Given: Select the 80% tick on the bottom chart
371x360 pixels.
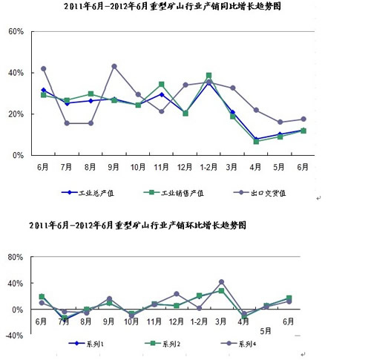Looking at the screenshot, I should (16, 257).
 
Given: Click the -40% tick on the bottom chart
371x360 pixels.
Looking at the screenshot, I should (14, 336).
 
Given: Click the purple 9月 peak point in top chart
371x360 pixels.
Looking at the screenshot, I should (114, 66).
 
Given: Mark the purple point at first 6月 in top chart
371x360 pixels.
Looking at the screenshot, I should (44, 68).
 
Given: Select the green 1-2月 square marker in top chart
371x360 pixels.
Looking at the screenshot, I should (209, 75).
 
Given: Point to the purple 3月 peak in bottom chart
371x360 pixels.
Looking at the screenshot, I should (221, 282).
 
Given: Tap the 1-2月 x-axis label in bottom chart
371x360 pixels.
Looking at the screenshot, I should (199, 321).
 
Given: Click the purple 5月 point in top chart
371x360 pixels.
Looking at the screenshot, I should (280, 122).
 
